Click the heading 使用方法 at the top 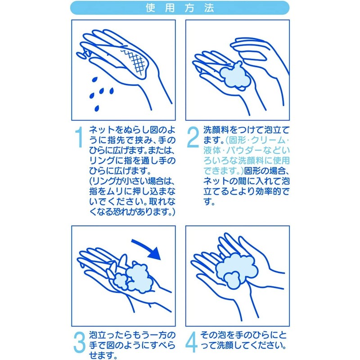(x=180, y=8)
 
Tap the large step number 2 (x=192, y=138)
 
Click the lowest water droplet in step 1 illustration (x=97, y=108)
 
